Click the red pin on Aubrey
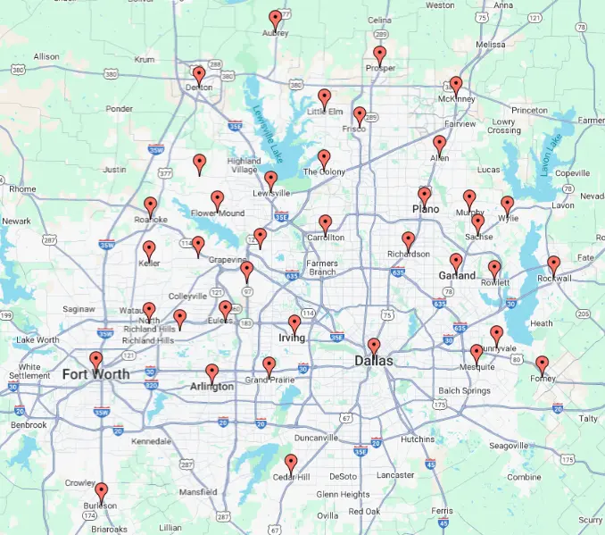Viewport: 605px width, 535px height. (x=276, y=18)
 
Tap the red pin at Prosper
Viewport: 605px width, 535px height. (x=380, y=54)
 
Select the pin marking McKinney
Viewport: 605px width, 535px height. (x=456, y=85)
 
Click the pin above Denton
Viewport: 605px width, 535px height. (x=198, y=74)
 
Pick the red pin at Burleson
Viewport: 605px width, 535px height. (x=102, y=490)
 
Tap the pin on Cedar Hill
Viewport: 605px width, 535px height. (x=290, y=462)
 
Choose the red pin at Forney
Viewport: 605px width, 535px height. (x=542, y=364)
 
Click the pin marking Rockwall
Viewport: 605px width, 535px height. (x=553, y=263)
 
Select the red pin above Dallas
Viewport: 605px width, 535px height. (x=374, y=346)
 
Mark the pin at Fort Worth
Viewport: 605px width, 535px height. (x=96, y=360)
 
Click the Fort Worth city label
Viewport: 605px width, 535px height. (x=95, y=374)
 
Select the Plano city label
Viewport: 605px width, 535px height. (x=426, y=209)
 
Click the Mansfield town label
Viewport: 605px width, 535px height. (x=197, y=492)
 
